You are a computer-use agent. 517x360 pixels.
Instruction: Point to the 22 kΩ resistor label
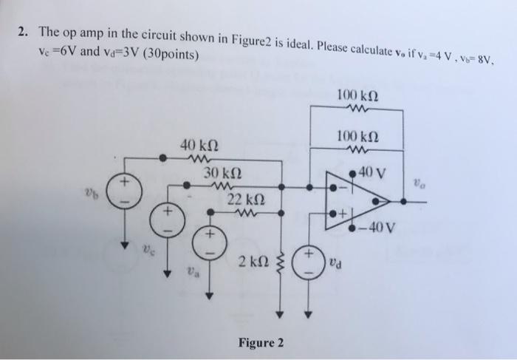pyautogui.click(x=245, y=200)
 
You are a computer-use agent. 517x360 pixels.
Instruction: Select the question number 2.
pyautogui.click(x=24, y=32)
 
